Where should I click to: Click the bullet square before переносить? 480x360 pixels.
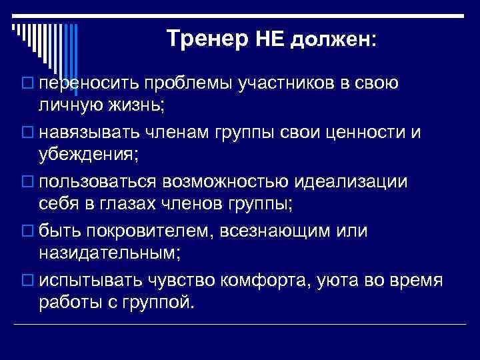tap(27, 84)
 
